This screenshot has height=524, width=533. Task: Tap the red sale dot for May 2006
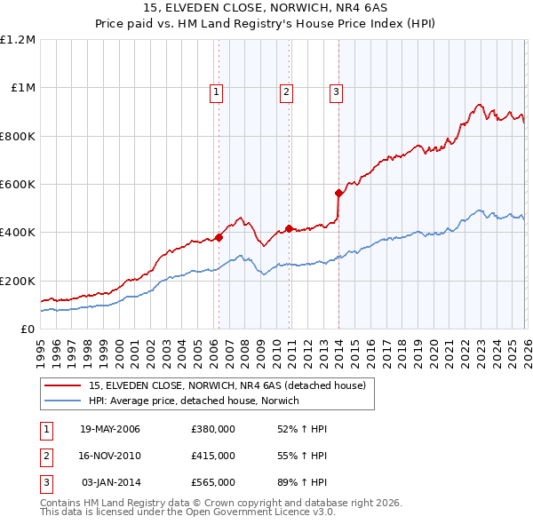pos(219,237)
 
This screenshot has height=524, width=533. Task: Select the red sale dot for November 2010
pos(289,228)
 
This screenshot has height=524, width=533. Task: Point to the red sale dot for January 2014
pos(338,193)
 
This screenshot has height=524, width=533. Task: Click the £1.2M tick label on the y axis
pos(18,40)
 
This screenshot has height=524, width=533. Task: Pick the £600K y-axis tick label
pos(18,185)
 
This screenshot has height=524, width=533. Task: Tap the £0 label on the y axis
pos(27,329)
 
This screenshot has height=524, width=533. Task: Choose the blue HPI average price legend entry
pos(194,401)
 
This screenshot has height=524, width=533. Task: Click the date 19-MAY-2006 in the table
pos(110,430)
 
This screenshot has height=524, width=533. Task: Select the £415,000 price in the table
pos(213,456)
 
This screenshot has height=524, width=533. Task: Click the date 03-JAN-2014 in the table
pos(110,481)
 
